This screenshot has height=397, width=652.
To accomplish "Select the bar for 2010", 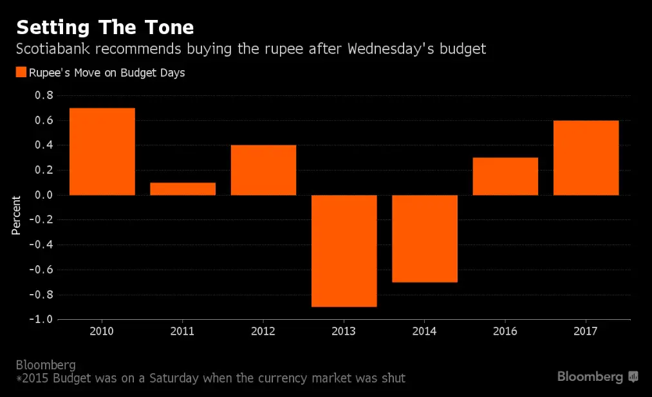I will [102, 151].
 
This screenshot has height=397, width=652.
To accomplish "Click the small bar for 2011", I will [183, 189].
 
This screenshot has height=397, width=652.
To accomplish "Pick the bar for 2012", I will [263, 170].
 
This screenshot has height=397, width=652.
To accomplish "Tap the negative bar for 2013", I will [344, 251].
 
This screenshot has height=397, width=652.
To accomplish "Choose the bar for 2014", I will [425, 238].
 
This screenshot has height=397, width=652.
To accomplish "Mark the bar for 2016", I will [505, 176].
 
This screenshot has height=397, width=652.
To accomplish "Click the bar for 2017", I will [586, 158].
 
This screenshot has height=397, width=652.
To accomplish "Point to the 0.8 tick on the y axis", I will [44, 95].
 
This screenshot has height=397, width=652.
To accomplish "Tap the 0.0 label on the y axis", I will [44, 195].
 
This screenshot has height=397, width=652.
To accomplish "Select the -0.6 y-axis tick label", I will [41, 270].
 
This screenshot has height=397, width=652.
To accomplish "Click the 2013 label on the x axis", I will [344, 331].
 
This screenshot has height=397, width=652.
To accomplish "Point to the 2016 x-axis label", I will [505, 331].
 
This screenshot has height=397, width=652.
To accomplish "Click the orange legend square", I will [21, 73].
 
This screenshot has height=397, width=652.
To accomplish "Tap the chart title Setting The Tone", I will [105, 28].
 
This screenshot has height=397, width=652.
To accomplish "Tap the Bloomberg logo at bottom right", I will [597, 376].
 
